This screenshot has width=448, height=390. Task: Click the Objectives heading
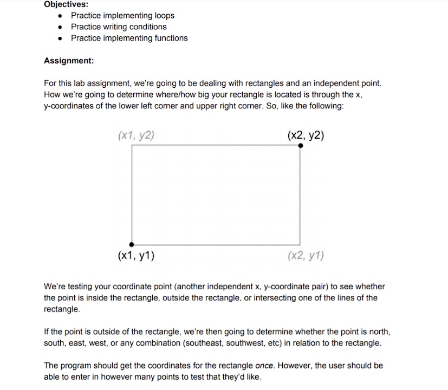point(66,4)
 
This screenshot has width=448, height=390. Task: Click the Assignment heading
point(69,61)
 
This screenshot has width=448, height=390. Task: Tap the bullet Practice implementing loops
point(122,15)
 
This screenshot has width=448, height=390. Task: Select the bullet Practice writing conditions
point(119,27)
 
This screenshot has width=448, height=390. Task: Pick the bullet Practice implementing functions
point(129,38)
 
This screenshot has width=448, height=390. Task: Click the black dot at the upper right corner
point(301,145)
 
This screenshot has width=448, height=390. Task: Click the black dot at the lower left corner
point(132,244)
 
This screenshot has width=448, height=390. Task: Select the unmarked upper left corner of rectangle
point(132,145)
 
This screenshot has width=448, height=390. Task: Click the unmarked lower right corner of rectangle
point(300,244)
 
